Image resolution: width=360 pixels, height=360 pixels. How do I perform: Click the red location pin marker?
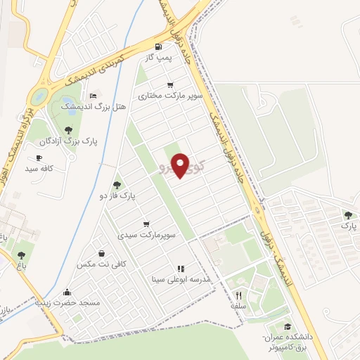click(x=181, y=165)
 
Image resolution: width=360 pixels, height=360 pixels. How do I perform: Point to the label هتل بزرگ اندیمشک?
click(x=94, y=107)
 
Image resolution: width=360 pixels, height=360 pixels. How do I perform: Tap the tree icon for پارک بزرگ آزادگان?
click(x=67, y=130)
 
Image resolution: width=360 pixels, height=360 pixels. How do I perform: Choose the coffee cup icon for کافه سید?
click(x=39, y=157)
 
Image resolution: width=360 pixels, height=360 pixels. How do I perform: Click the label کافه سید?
click(x=39, y=169)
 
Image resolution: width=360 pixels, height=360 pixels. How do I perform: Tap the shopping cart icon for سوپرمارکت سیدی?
click(x=146, y=224)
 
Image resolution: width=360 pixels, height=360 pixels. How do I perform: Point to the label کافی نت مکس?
click(x=103, y=264)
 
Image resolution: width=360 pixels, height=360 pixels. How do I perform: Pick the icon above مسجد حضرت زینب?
click(x=67, y=292)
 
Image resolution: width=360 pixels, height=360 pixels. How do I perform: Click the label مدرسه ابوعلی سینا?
click(x=181, y=278)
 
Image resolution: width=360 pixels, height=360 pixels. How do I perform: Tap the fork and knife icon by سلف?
click(x=238, y=295)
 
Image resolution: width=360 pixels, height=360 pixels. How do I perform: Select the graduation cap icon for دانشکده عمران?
click(x=288, y=326)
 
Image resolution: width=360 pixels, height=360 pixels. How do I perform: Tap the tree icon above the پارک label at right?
click(x=349, y=215)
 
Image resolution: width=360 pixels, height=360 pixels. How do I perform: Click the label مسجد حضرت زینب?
click(x=68, y=303)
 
